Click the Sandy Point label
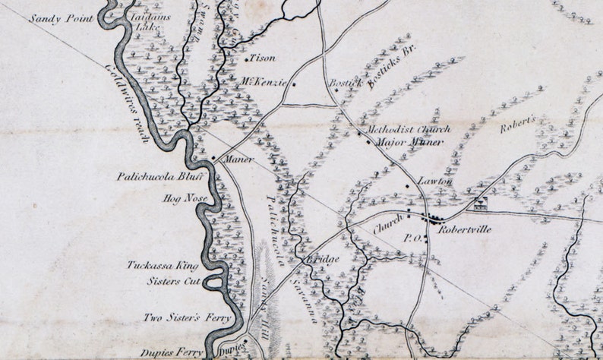coord(65,17)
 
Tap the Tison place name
coord(263,58)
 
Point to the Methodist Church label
coord(407,129)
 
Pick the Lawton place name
coord(435,182)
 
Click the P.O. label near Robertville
coord(410,238)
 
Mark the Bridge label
coord(323,259)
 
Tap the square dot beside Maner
coord(213,159)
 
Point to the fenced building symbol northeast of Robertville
coord(480,203)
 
